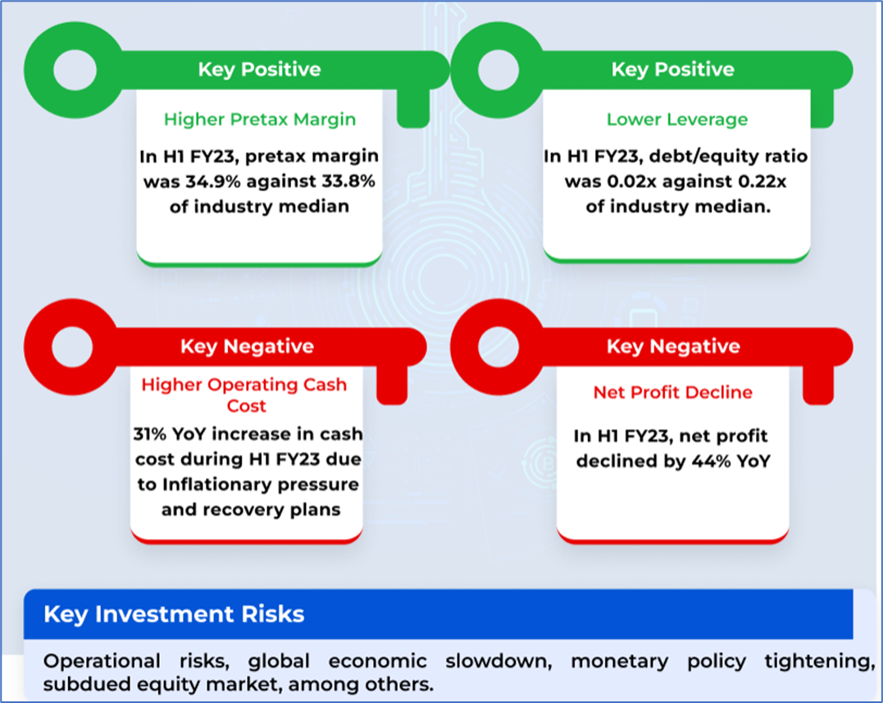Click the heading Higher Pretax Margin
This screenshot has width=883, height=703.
coord(260,120)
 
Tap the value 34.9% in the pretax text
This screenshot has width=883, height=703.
coord(214,181)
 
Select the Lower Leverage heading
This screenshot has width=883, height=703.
coord(677,120)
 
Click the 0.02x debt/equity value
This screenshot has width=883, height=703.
coord(632,181)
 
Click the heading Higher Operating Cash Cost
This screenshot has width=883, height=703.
coord(244,395)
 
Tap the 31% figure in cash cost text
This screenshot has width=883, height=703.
coord(150,434)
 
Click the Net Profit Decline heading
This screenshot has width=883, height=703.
coord(673,392)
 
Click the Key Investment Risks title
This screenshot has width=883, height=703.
coord(174,614)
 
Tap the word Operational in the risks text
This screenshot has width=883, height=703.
coord(102,660)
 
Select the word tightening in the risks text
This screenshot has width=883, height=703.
coord(819,660)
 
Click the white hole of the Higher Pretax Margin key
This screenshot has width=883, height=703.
coord(75,70)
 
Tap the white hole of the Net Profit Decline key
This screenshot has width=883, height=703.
coord(498,346)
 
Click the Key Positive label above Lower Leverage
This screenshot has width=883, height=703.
coord(673,69)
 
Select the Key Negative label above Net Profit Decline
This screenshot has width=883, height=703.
coord(673,346)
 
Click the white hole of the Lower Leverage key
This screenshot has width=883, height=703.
coord(498,70)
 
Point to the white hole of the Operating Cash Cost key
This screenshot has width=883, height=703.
coord(73,346)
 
